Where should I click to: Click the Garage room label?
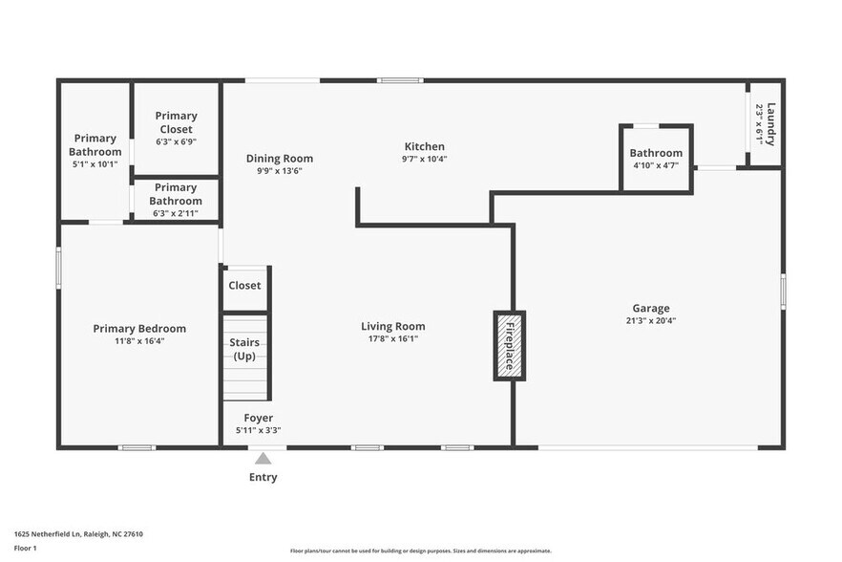click(650, 308)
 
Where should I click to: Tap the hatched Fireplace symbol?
click(509, 345)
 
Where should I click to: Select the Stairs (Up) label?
click(244, 349)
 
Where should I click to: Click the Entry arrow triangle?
click(263, 459)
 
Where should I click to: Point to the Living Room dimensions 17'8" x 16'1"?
click(392, 338)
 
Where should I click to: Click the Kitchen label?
click(425, 146)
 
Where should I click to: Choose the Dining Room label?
click(279, 159)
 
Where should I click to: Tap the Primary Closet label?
click(176, 122)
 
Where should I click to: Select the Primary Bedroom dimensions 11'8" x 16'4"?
click(139, 340)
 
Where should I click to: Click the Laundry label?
click(770, 123)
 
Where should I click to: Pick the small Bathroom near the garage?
click(656, 153)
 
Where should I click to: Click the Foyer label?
click(258, 418)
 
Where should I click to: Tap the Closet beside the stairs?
click(244, 285)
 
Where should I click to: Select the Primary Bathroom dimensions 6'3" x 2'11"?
click(176, 213)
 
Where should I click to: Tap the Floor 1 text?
click(26, 548)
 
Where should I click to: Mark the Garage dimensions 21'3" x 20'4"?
click(650, 320)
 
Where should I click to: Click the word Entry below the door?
click(263, 477)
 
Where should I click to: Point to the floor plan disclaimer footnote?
click(420, 551)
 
